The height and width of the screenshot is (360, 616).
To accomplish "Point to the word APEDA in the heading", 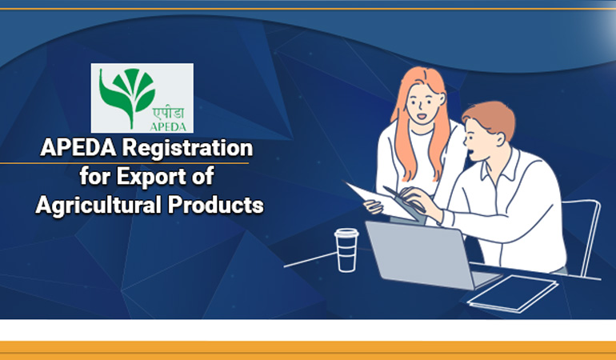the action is click(78, 148).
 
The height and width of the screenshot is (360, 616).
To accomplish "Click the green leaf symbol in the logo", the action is click(125, 95).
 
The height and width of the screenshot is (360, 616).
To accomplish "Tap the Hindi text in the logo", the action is click(168, 114).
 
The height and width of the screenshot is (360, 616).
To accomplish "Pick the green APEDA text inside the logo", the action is click(168, 126).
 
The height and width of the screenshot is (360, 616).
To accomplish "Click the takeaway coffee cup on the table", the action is click(346, 250).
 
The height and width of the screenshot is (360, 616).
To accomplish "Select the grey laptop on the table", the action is click(428, 255).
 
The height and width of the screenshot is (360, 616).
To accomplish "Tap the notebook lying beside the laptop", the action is click(513, 294).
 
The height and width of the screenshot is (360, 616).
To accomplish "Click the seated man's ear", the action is click(500, 139).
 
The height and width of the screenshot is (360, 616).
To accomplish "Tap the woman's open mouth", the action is click(421, 116).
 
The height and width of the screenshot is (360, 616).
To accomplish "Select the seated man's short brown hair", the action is click(491, 118).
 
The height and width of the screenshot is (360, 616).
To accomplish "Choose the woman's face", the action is click(423, 103).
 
